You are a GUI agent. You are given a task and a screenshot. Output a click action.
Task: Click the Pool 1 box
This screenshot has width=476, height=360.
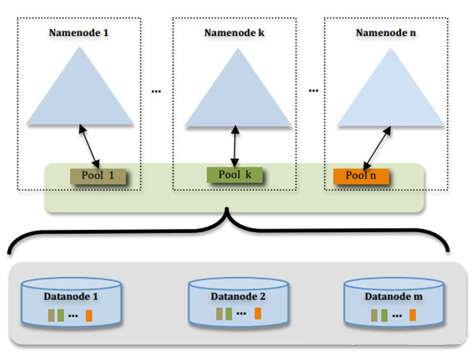[x=97, y=177]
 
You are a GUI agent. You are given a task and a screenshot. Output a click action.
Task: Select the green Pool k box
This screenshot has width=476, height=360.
[x=234, y=175]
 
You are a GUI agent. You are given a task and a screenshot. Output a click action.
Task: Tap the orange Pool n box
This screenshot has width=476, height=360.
[x=361, y=177]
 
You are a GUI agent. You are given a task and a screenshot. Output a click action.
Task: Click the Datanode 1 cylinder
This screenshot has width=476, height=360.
[x=71, y=303]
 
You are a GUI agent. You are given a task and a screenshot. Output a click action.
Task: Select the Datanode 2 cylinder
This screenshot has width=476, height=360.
[x=238, y=302]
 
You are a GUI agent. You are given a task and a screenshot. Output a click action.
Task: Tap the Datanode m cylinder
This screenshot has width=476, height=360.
[x=394, y=303]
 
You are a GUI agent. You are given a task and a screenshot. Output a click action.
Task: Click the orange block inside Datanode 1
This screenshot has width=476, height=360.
[x=88, y=316]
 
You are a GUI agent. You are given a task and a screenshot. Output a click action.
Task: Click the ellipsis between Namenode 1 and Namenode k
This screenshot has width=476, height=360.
[x=156, y=91]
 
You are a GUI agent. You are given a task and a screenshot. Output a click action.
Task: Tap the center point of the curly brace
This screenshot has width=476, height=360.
[x=228, y=214]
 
